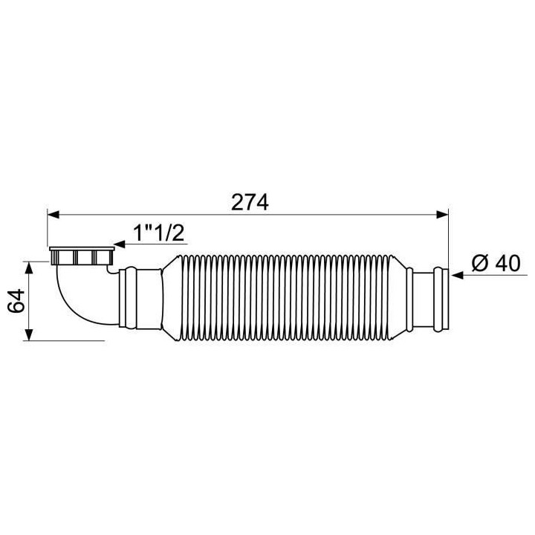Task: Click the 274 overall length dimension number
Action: click(x=249, y=201)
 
